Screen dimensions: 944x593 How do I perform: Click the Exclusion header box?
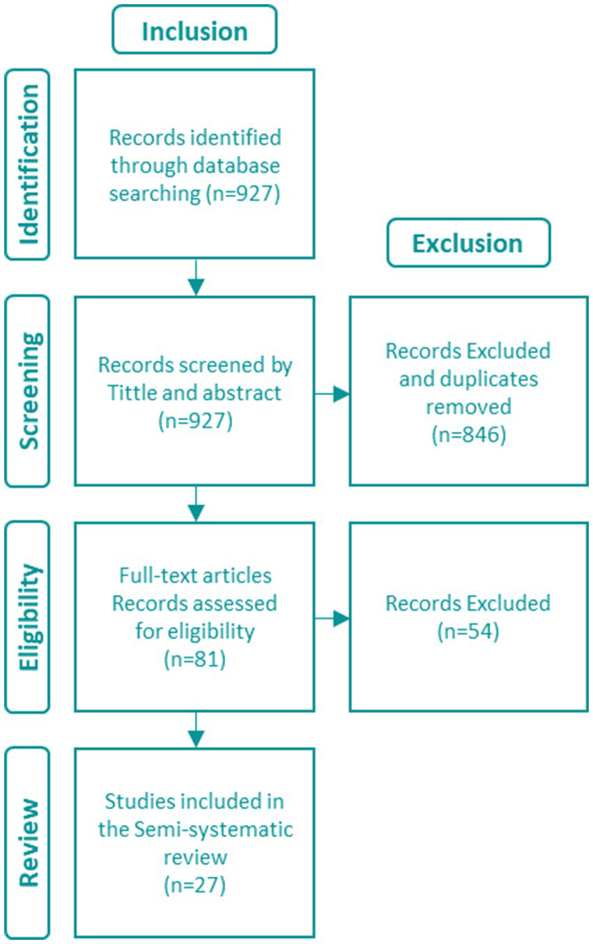(468, 242)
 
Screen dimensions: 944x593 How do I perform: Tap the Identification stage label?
(27, 164)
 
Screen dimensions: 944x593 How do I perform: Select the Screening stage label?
(27, 390)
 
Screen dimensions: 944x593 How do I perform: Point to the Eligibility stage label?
(27, 617)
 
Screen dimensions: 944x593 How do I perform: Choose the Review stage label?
(27, 842)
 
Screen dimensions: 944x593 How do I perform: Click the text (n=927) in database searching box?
(242, 194)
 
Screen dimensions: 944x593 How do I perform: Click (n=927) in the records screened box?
(194, 420)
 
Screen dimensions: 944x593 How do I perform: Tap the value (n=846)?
(468, 435)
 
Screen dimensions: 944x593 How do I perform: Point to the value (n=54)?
(468, 632)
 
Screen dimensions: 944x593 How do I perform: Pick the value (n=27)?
(194, 886)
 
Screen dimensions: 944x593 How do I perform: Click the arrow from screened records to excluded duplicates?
(333, 394)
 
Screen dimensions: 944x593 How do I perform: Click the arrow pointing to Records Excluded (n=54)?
(333, 617)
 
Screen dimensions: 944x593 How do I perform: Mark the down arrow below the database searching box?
(197, 277)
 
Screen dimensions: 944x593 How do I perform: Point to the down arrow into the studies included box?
(197, 729)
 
